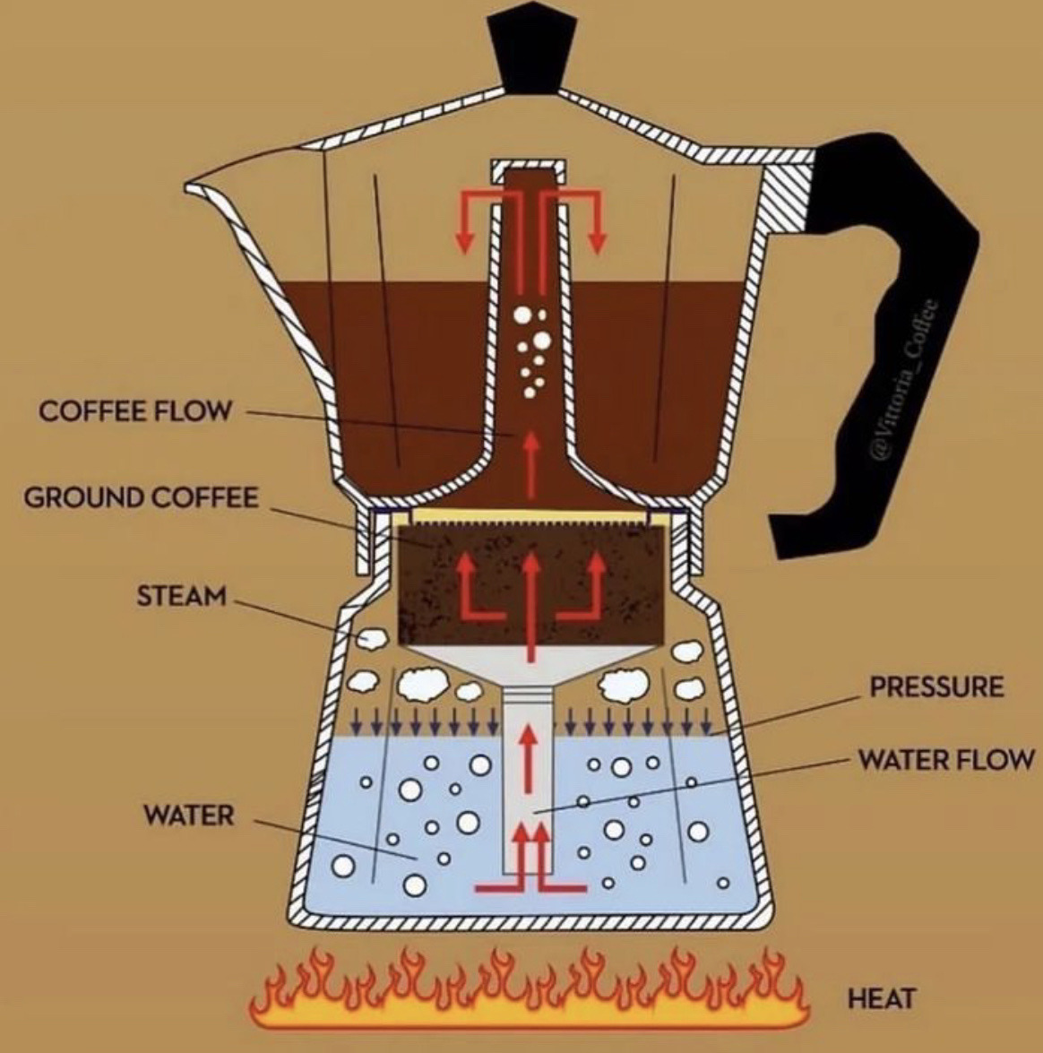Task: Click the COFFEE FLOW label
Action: [134, 411]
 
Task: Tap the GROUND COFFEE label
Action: [141, 496]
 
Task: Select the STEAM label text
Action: [181, 595]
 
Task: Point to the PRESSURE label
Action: [935, 687]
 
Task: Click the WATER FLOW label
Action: [946, 760]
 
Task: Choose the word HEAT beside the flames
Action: [882, 997]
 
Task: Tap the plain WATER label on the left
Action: [188, 816]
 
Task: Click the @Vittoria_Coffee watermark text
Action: [905, 380]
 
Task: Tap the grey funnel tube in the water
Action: [530, 780]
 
